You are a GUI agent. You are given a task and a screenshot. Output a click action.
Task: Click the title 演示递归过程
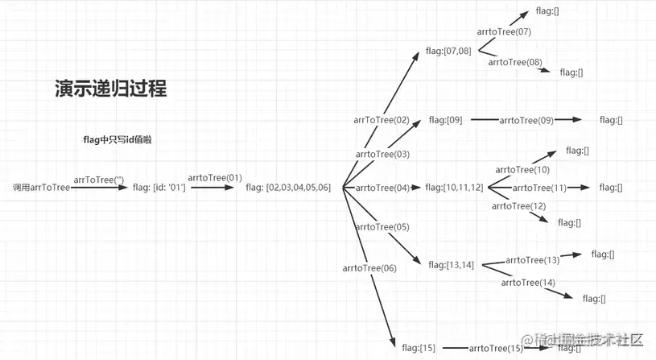tap(110, 89)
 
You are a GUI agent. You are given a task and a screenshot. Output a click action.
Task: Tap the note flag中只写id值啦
tap(118, 139)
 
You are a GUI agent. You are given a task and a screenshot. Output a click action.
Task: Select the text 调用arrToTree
tap(41, 188)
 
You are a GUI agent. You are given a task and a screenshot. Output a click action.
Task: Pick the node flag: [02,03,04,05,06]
tap(288, 188)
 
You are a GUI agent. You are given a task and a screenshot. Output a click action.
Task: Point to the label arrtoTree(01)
tap(215, 177)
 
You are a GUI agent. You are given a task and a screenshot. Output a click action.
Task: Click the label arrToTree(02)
tap(382, 120)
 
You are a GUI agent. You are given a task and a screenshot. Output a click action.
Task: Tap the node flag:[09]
tap(445, 120)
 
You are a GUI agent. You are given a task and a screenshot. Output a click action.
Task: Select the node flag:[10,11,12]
tap(454, 188)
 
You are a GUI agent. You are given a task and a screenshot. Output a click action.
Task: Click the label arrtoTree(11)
tap(539, 188)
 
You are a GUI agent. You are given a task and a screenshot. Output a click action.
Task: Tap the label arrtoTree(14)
tap(528, 283)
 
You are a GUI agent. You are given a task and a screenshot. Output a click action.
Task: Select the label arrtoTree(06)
tap(369, 268)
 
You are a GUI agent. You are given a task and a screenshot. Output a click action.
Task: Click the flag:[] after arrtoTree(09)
tap(611, 120)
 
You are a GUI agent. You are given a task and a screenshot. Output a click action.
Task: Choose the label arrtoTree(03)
tap(382, 154)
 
